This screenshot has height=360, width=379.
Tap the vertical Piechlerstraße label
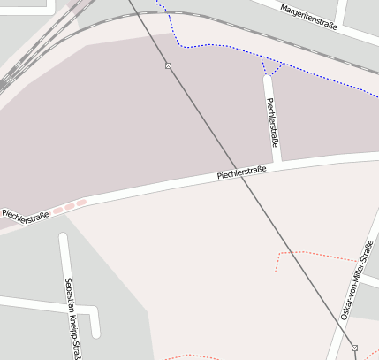[x=273, y=122]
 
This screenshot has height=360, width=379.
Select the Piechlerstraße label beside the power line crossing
[x=241, y=172]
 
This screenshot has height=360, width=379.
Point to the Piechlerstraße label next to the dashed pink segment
[x=25, y=215]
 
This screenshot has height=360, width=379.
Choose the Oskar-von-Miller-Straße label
[x=357, y=280]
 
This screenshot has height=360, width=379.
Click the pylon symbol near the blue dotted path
[x=168, y=65]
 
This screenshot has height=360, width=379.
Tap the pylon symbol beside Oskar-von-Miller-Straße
[x=354, y=348]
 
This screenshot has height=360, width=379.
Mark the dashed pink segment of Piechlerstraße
[x=69, y=207]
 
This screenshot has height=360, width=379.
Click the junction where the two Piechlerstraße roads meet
[x=277, y=165]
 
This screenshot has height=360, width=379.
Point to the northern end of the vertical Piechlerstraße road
[x=267, y=80]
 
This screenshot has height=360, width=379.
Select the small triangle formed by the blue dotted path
[x=272, y=68]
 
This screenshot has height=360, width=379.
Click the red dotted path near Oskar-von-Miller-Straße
[x=309, y=253]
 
